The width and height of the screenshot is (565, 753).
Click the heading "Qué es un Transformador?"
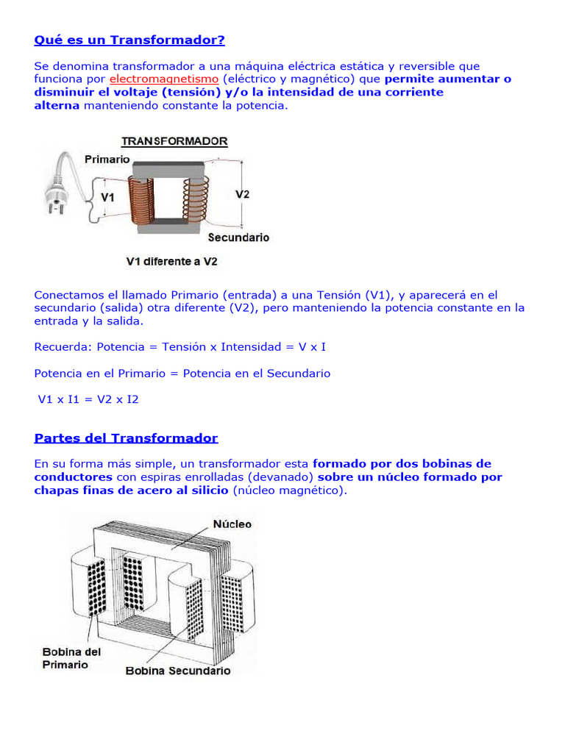[x=129, y=39]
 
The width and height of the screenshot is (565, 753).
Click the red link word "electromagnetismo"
[x=164, y=79]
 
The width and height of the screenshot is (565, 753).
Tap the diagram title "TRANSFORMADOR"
[x=174, y=141]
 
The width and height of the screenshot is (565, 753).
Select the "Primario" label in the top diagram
[x=107, y=159]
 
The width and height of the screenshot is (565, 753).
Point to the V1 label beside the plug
[x=107, y=197]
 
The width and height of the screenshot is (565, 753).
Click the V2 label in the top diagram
[x=242, y=194]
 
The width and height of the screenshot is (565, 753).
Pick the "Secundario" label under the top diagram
[x=238, y=238]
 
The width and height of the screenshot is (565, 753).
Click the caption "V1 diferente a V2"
[x=171, y=261]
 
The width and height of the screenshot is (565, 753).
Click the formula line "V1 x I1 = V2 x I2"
[x=88, y=399]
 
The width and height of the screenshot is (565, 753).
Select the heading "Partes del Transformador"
[x=126, y=438]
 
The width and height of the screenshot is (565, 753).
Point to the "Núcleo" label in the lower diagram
[x=232, y=524]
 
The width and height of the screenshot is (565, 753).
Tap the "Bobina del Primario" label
[x=71, y=658]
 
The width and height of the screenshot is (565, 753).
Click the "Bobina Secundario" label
[x=178, y=671]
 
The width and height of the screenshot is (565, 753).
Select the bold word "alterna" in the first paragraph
[x=57, y=106]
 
